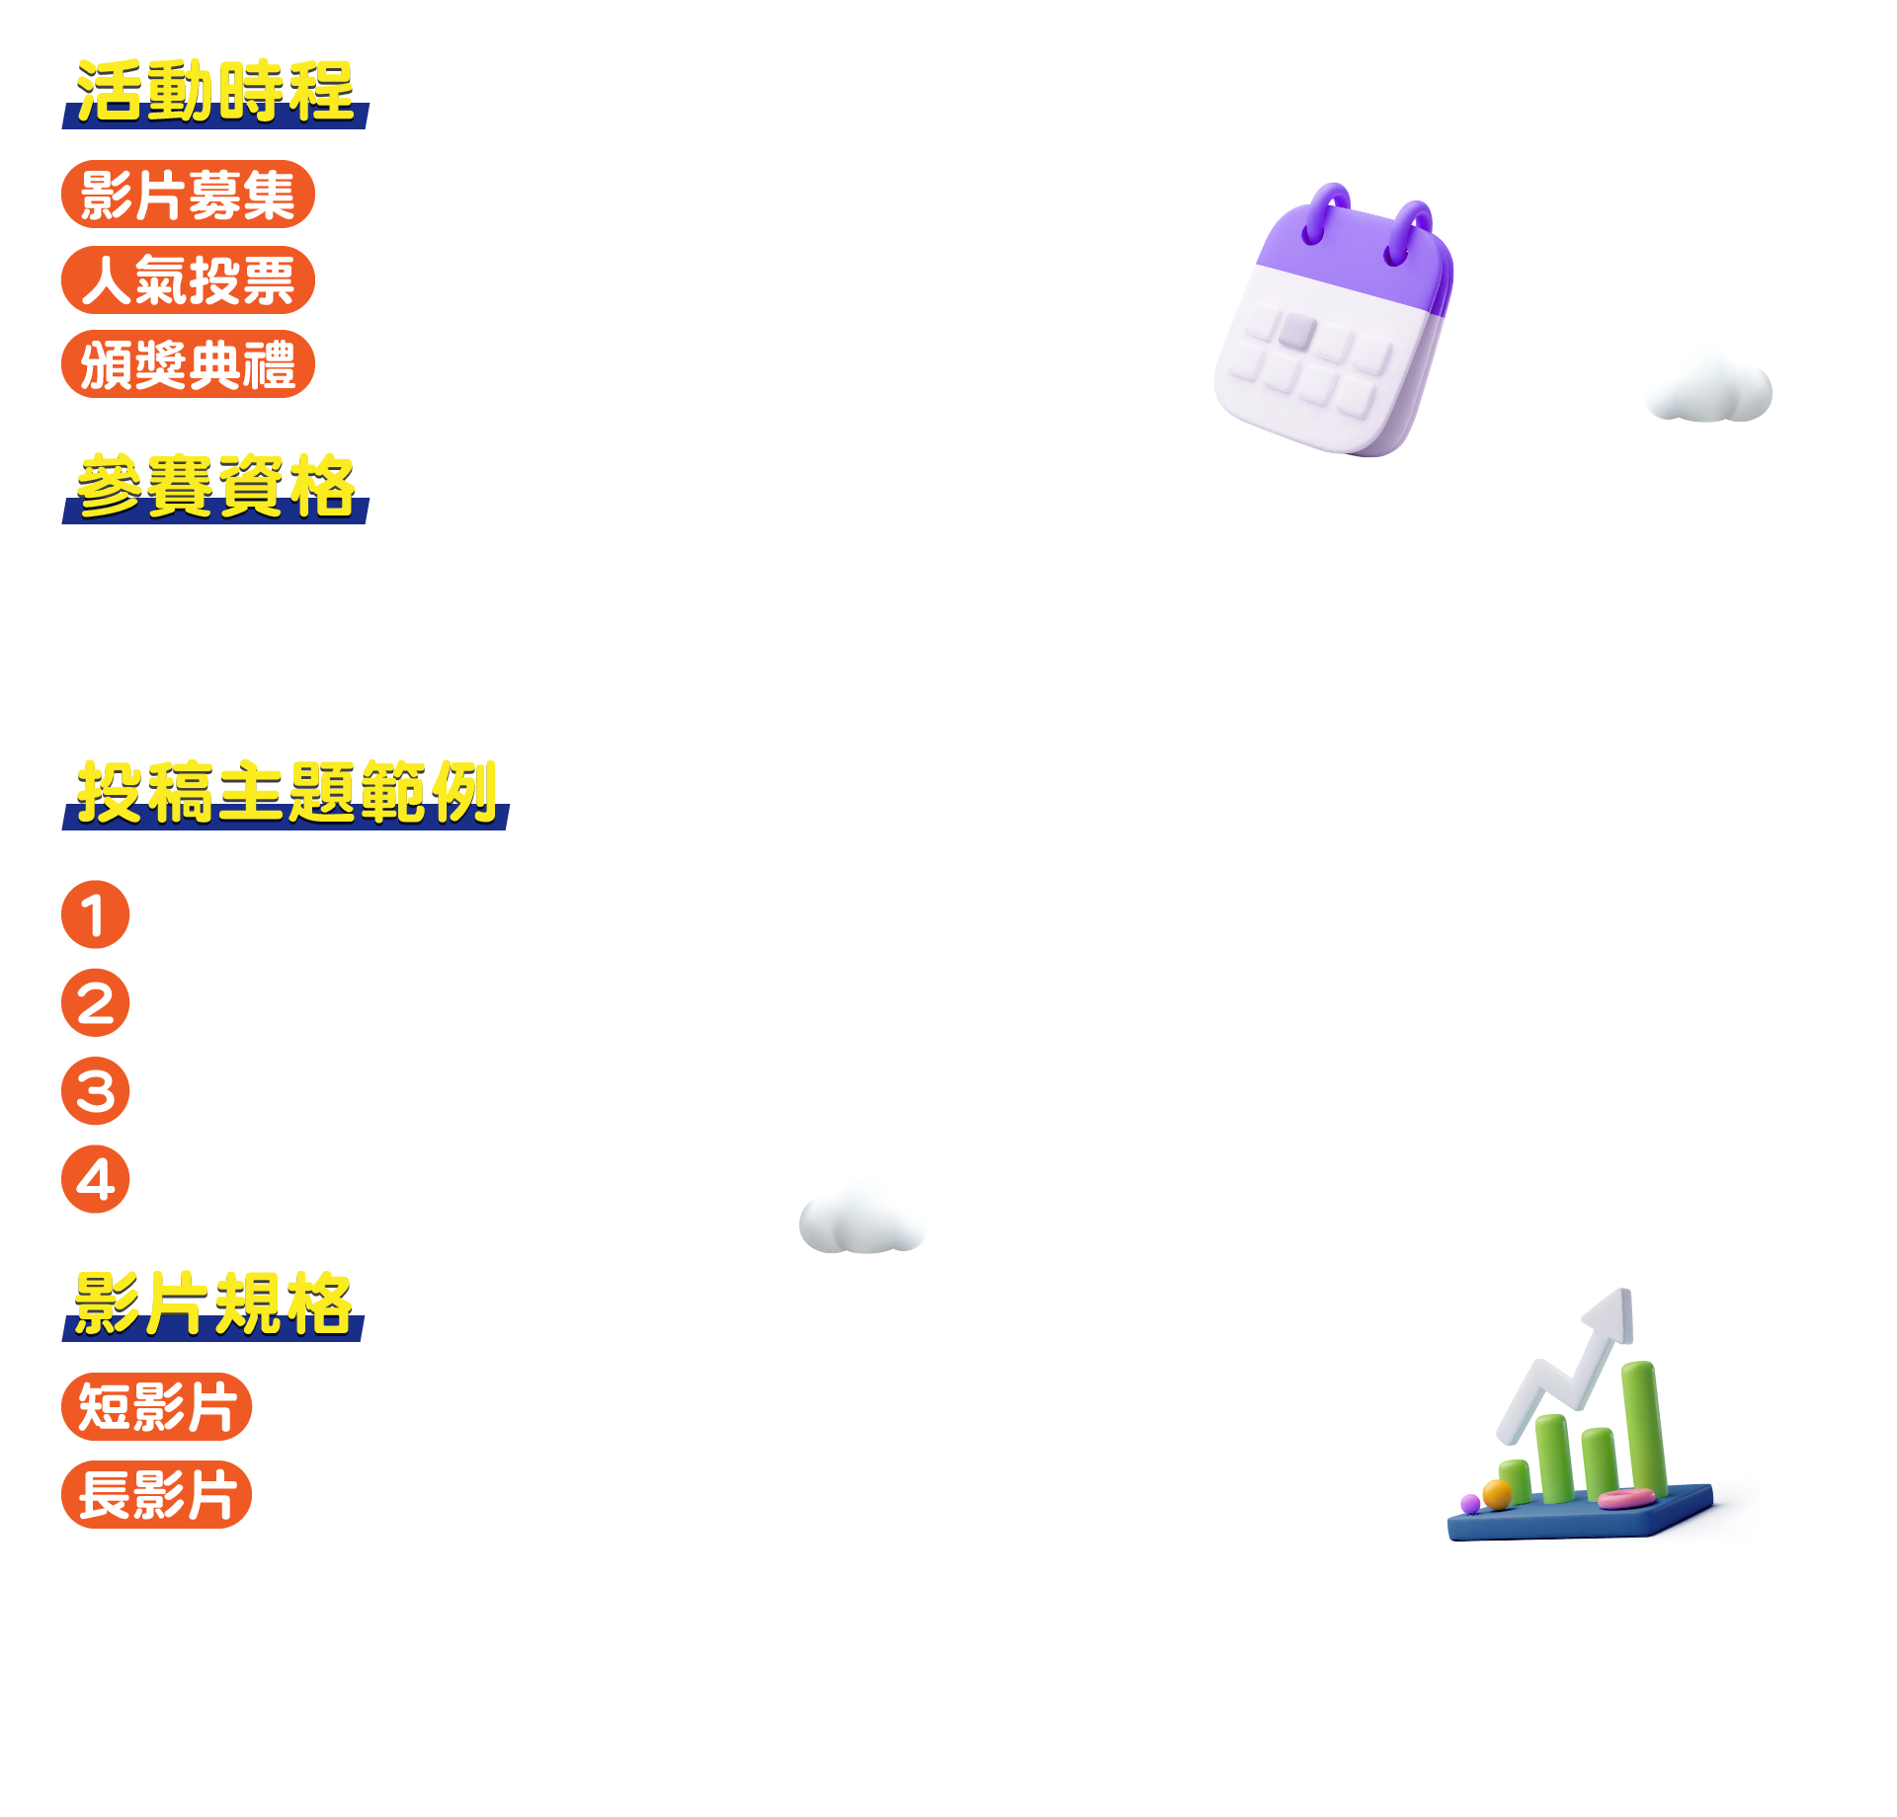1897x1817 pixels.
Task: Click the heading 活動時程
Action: (215, 92)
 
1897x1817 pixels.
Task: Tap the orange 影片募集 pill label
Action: (188, 195)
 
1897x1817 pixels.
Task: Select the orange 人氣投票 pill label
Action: (188, 280)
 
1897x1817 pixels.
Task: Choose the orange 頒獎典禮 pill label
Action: (188, 364)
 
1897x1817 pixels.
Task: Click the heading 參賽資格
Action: (215, 487)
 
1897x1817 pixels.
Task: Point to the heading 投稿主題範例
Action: (286, 793)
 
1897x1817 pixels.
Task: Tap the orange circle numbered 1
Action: (96, 915)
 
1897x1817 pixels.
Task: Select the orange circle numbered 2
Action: (96, 1003)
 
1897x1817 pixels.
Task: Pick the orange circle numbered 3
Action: (96, 1091)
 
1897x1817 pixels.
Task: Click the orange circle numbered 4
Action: (96, 1179)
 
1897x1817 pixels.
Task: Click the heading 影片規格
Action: (213, 1304)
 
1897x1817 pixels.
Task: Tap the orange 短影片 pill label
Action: (156, 1407)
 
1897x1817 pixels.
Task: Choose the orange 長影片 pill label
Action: (156, 1495)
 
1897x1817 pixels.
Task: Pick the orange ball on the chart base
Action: (1497, 1494)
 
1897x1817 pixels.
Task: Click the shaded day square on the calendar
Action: (1296, 331)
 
